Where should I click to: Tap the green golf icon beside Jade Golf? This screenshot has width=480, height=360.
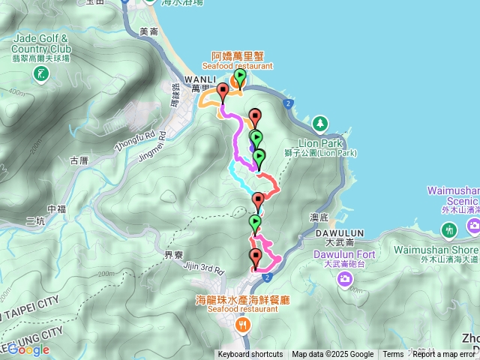click(40, 73)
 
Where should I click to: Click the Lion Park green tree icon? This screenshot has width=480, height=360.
click(320, 122)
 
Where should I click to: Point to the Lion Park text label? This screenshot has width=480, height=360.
click(320, 142)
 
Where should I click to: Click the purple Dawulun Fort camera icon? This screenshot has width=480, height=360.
click(345, 280)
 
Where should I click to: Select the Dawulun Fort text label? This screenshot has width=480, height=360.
click(343, 254)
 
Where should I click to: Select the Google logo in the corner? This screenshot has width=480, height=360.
click(28, 349)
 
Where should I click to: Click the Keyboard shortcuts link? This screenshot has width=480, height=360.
click(250, 355)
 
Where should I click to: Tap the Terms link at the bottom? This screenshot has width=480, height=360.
click(393, 355)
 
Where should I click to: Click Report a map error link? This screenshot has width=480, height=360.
click(444, 355)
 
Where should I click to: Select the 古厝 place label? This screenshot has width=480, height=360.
click(79, 160)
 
